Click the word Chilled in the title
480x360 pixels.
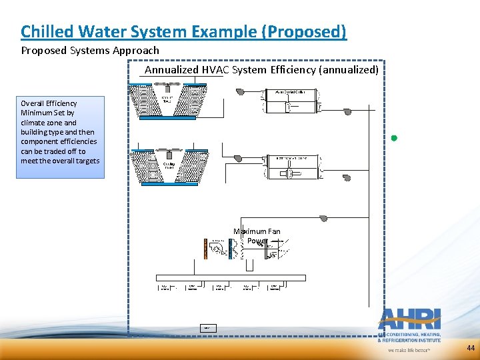(x=43, y=31)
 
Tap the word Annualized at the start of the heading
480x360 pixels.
(x=171, y=69)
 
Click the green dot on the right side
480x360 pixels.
(x=394, y=138)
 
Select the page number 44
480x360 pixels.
(x=471, y=348)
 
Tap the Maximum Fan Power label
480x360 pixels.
(x=257, y=236)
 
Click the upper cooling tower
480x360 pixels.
(x=167, y=101)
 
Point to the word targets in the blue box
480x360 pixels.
(x=87, y=161)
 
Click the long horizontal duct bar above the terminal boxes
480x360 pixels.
(x=230, y=277)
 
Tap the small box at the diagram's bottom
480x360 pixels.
(x=207, y=328)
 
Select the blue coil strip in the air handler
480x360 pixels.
(x=229, y=248)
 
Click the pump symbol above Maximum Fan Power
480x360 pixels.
(x=323, y=218)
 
